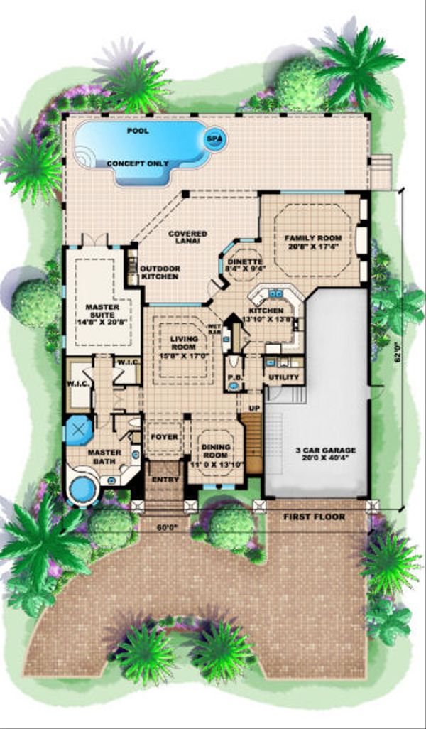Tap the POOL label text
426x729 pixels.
(138, 131)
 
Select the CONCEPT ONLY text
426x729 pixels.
(138, 163)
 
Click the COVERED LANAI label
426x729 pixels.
(188, 237)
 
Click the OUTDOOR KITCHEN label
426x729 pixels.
(159, 272)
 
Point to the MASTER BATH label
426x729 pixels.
(104, 455)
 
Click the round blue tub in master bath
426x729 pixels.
(84, 490)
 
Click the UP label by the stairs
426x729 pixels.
(253, 408)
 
